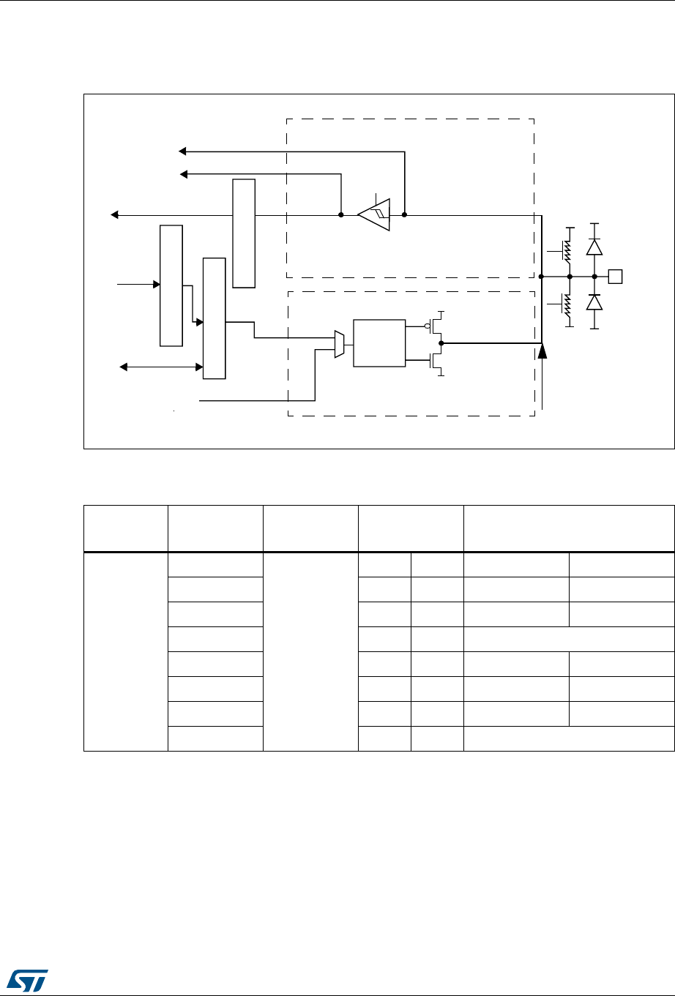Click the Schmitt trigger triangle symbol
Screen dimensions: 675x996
point(374,215)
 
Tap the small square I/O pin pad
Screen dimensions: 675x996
point(616,277)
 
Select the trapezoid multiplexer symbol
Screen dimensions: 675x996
point(339,344)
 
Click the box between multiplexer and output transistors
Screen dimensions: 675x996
point(378,342)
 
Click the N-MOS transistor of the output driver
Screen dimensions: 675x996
point(437,359)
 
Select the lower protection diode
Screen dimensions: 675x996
point(594,302)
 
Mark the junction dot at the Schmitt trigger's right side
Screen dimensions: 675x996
point(404,215)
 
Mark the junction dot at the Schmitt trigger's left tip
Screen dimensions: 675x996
point(341,215)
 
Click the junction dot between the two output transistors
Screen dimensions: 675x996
point(441,342)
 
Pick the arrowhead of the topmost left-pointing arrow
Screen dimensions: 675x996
point(184,151)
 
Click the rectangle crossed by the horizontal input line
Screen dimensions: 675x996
point(244,233)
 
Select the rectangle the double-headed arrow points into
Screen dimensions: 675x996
point(215,318)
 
